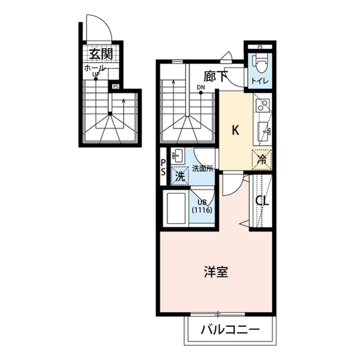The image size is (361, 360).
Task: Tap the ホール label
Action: [x=94, y=68]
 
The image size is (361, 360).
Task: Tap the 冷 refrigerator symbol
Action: [x=261, y=159]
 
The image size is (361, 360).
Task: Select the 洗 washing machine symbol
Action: [x=179, y=176]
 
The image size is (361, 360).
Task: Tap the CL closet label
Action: [x=262, y=201]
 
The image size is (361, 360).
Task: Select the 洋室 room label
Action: [x=215, y=272]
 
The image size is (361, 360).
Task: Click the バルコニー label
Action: [x=231, y=330]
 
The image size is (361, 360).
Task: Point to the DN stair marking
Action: [x=201, y=87]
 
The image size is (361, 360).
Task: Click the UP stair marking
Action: [x=96, y=74]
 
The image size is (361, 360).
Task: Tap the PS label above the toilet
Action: [x=260, y=47]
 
